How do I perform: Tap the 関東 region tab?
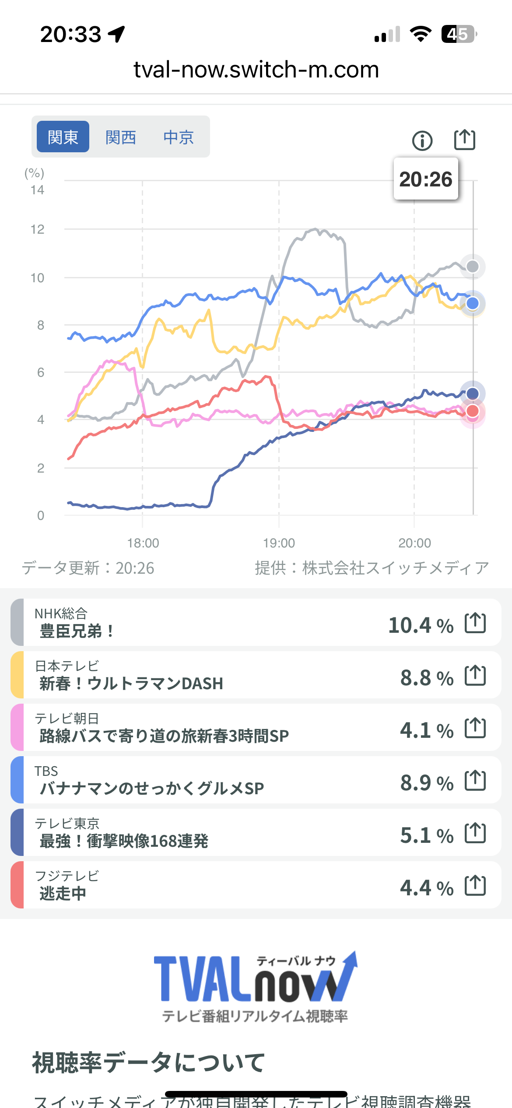pos(63,137)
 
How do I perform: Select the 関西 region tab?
pos(121,137)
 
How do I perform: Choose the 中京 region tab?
pos(179,137)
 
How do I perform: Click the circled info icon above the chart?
pos(422,141)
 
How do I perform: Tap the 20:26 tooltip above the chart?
pos(426,179)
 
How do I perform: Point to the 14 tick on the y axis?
pos(38,190)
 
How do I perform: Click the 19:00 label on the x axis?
pos(279,543)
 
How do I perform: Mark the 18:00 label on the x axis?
pos(143,543)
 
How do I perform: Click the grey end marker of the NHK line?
pos(473,266)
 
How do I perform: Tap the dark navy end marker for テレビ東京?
pos(473,393)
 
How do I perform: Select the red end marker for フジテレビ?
pos(473,411)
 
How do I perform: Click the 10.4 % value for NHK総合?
pos(421,625)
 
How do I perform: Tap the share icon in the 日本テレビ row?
pos(475,675)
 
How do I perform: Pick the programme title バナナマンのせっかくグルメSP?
pos(152,788)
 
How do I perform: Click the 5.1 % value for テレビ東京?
pos(427,835)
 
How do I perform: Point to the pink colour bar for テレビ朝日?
pos(17,727)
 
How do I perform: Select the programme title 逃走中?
pos(63,893)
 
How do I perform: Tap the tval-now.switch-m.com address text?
pos(256,70)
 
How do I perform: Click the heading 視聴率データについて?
pos(149,1062)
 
